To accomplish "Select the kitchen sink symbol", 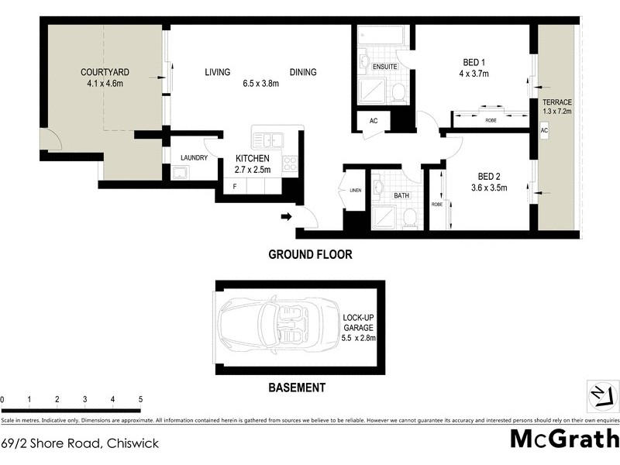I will [267, 140].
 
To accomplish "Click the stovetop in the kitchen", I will [291, 164].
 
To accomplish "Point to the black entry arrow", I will [286, 218].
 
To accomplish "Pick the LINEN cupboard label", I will [356, 191].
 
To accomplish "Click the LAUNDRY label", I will [193, 157].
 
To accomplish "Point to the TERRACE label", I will [557, 102].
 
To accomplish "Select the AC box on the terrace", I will [544, 131].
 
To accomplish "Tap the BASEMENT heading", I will [296, 387].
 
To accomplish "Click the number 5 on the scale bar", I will [140, 399].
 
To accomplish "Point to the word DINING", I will [303, 72].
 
